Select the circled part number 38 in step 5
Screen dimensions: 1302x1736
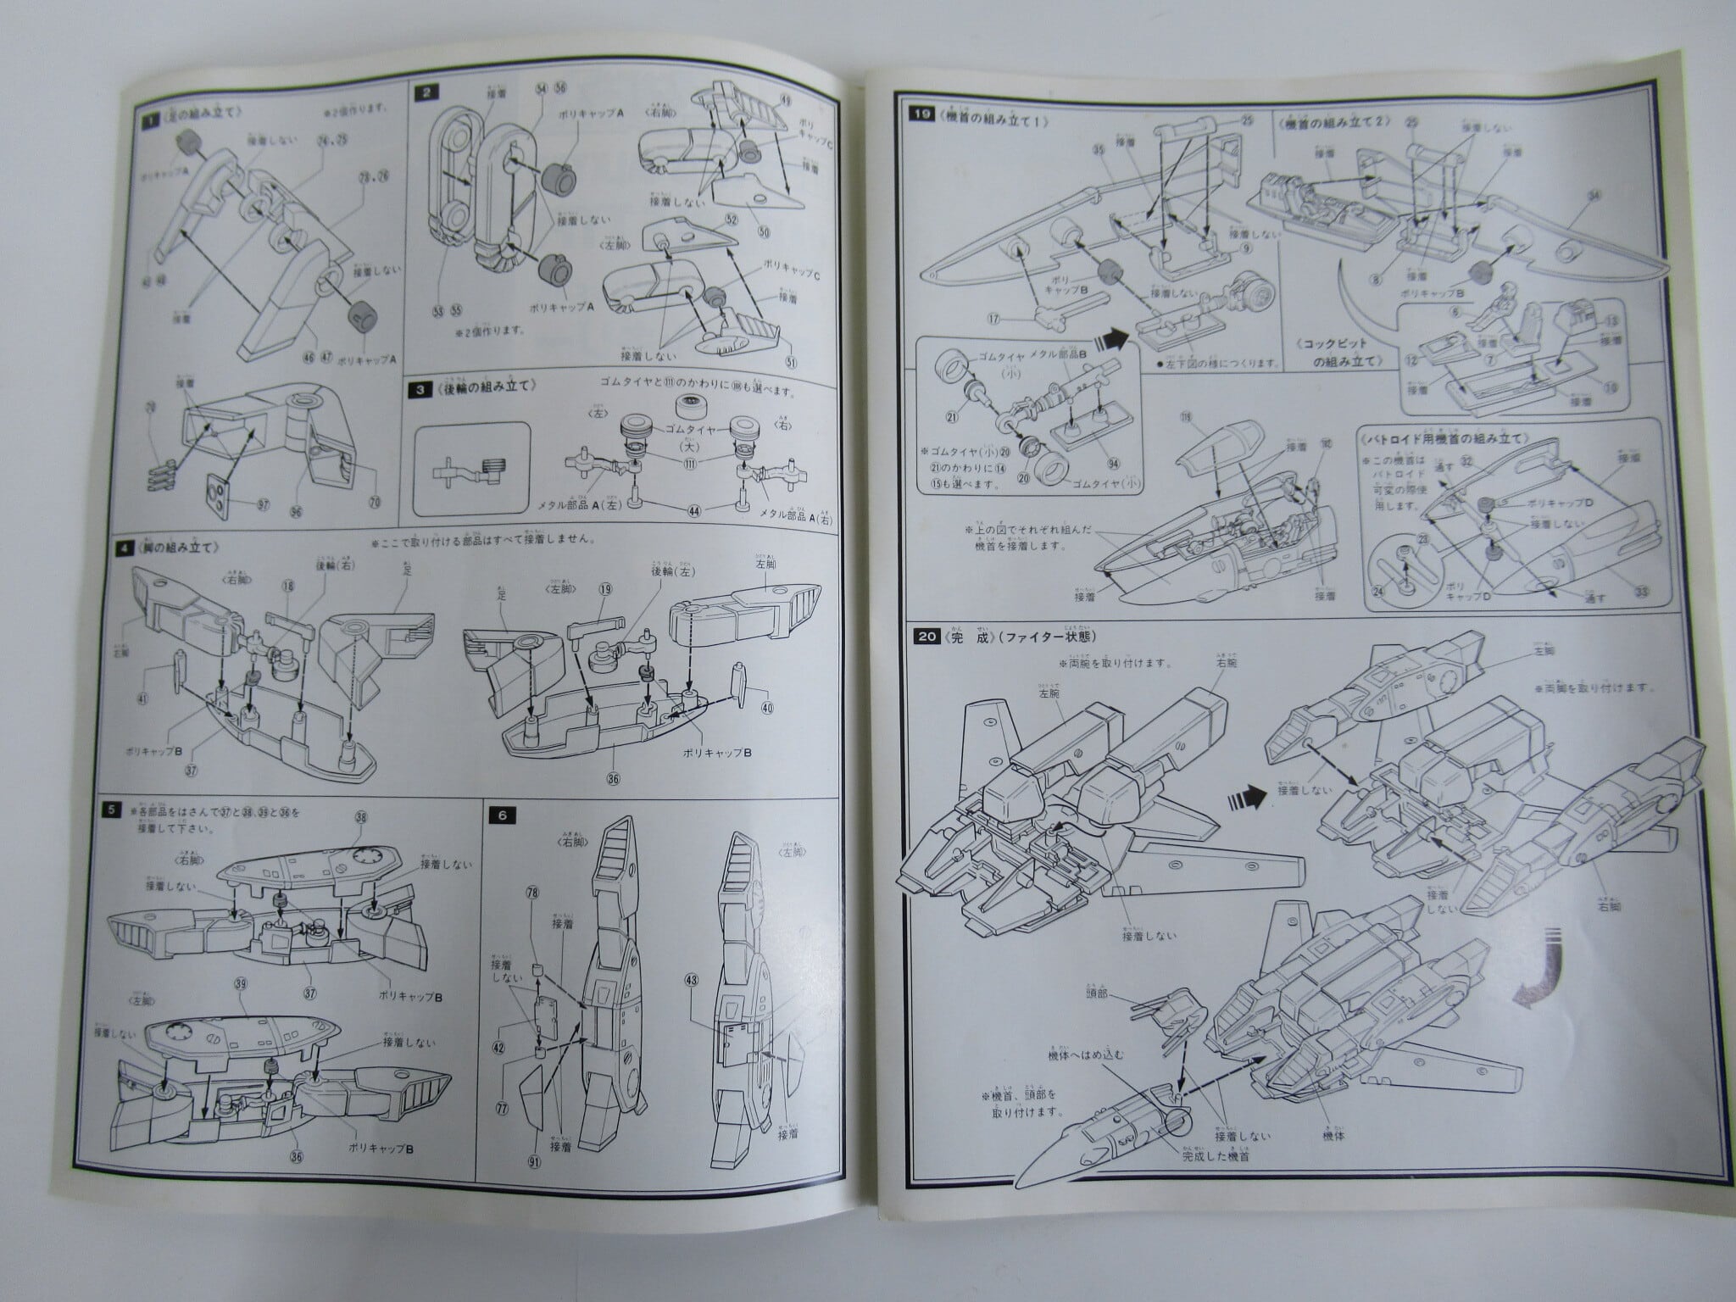pos(362,818)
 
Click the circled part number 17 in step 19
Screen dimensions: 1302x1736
pos(993,320)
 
